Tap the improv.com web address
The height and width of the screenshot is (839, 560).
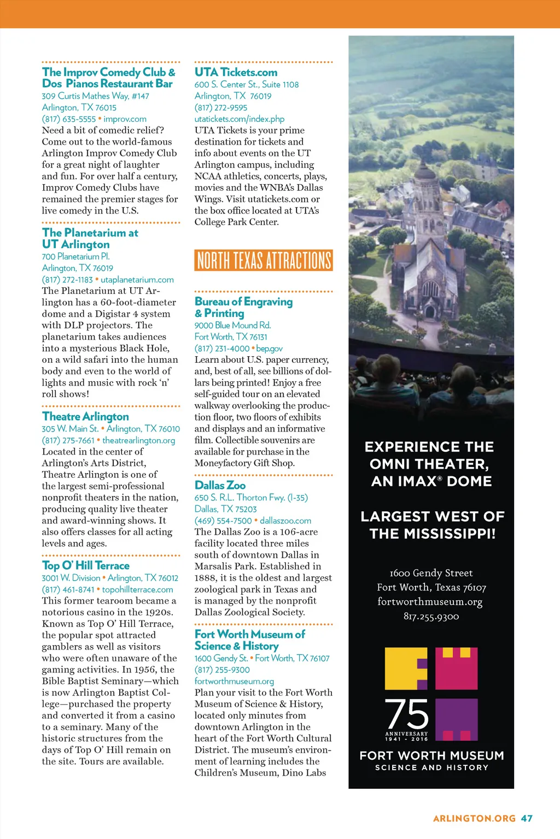(125, 119)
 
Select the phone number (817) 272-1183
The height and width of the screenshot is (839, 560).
(67, 280)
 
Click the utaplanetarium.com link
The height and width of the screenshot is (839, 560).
(137, 280)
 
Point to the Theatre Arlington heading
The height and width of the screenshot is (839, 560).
(85, 417)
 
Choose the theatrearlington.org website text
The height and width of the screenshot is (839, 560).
(139, 440)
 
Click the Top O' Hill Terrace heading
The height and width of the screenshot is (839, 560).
(86, 566)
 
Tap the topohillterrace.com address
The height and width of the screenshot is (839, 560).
(138, 590)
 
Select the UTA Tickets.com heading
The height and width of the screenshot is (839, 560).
(236, 72)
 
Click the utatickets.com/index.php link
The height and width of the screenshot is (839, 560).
(240, 119)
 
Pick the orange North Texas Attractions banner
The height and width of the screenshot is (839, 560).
(264, 261)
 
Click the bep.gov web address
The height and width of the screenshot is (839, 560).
(270, 348)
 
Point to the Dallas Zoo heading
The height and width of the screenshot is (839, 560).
(220, 486)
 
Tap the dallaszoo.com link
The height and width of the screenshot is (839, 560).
(285, 521)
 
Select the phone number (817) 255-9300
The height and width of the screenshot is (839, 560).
(222, 670)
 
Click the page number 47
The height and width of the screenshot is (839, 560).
(527, 818)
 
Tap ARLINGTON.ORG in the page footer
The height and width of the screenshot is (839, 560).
(474, 818)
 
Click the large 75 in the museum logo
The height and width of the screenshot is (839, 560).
(407, 714)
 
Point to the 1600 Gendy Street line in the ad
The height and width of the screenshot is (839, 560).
(431, 573)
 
